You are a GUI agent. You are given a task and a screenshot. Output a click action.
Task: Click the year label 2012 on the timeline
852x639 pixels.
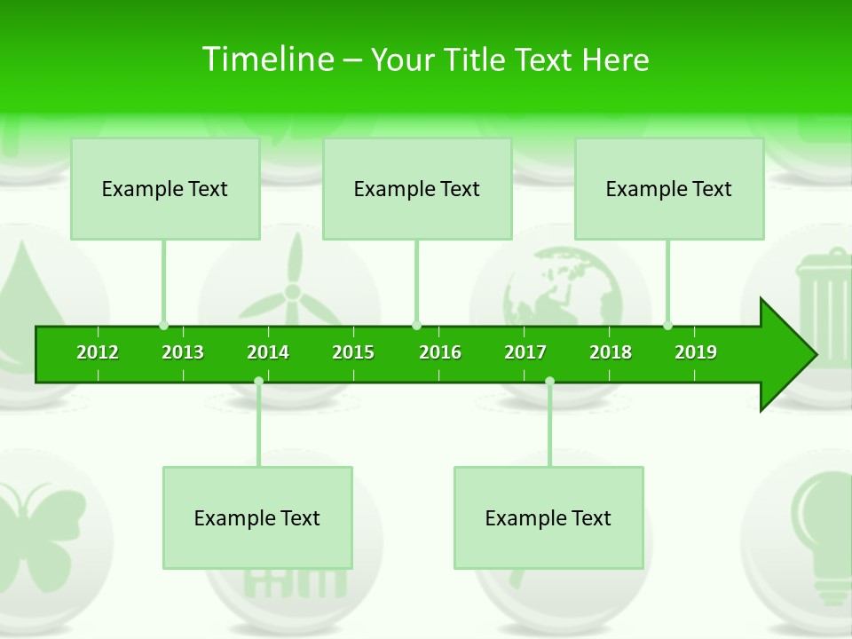point(98,352)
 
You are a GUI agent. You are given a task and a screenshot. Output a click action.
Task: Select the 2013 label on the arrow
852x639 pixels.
point(183,352)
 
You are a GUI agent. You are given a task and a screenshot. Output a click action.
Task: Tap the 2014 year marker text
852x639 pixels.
point(268,352)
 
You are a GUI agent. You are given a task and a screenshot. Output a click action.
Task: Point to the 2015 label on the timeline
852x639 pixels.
point(353,352)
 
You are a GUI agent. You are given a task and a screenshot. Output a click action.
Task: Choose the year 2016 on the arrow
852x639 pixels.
point(440,352)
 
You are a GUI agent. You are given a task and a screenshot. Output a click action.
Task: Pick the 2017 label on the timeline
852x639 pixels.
point(525,352)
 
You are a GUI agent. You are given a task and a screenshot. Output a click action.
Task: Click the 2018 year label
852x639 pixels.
point(611,352)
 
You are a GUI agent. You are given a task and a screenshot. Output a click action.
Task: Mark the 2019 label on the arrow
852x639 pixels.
point(696,352)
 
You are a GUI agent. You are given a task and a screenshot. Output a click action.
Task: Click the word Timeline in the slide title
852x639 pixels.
point(266,59)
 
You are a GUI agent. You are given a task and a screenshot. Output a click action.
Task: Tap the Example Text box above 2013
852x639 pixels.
point(165,189)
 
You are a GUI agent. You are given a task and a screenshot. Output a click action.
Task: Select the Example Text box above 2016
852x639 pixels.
point(417,189)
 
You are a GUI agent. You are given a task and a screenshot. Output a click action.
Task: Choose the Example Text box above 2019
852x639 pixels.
point(669,189)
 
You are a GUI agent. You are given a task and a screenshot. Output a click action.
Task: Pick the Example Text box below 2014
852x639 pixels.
point(257,518)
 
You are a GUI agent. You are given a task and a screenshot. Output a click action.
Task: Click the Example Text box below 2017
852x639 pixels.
point(548,518)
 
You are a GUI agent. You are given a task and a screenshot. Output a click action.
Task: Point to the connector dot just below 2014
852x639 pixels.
point(258,382)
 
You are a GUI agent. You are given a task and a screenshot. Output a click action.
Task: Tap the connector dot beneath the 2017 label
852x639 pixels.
point(549,382)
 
